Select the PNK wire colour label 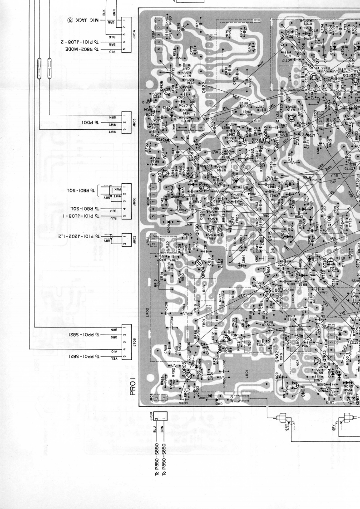(x=116, y=186)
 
